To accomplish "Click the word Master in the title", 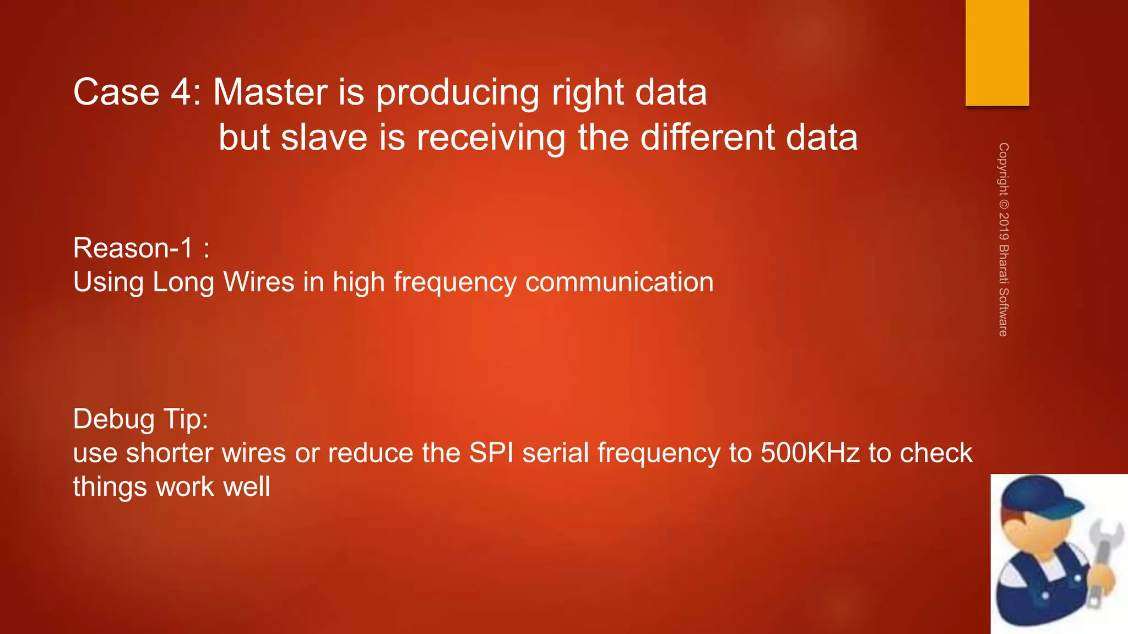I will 270,92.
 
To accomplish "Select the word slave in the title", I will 324,137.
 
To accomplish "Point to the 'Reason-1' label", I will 133,248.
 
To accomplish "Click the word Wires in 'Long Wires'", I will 258,282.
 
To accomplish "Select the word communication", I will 619,282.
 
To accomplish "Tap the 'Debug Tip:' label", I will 140,419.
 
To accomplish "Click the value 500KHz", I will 810,453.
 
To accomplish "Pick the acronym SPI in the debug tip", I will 491,453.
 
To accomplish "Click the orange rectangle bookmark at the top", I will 997,53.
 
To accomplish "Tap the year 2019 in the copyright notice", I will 1004,226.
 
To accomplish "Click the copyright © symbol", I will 1004,203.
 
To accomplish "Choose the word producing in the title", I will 458,93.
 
